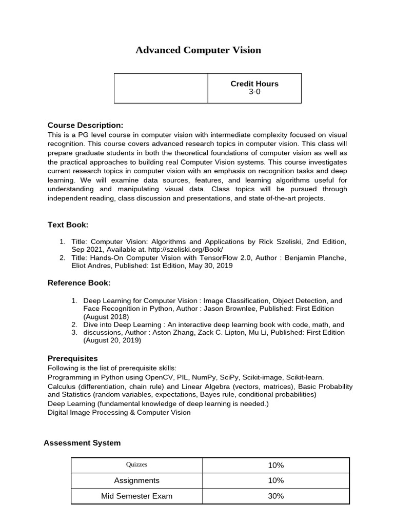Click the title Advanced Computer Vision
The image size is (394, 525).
pyautogui.click(x=198, y=50)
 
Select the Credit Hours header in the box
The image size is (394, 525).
pyautogui.click(x=254, y=84)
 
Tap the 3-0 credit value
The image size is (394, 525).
pyautogui.click(x=254, y=92)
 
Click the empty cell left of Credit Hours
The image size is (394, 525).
pyautogui.click(x=161, y=88)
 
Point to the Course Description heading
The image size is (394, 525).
pyautogui.click(x=85, y=126)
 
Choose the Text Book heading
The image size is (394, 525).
pyautogui.click(x=68, y=225)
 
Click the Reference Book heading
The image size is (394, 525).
pyautogui.click(x=79, y=282)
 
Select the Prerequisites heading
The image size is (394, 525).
pyautogui.click(x=72, y=358)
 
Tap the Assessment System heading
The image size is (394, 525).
pyautogui.click(x=82, y=442)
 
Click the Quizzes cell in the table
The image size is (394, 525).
pyautogui.click(x=136, y=465)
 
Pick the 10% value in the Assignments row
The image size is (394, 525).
pyautogui.click(x=275, y=480)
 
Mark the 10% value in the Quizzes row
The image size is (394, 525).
pyautogui.click(x=275, y=465)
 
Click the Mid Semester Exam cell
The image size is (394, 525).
pyautogui.click(x=136, y=496)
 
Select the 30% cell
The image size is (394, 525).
pyautogui.click(x=275, y=496)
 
